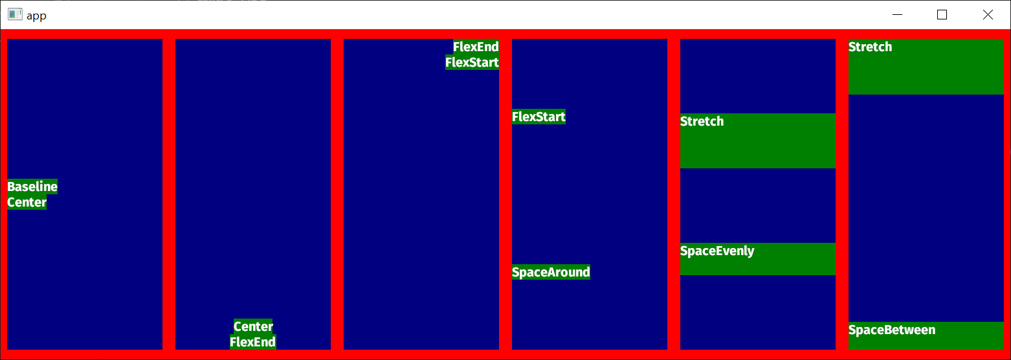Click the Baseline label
[32, 186]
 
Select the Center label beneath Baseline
[27, 202]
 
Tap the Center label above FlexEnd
[253, 326]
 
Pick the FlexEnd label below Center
[253, 342]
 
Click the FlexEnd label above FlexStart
[476, 47]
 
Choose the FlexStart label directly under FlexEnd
[472, 62]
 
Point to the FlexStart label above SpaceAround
[539, 117]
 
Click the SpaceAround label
[551, 272]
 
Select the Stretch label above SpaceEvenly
[702, 122]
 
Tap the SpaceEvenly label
[717, 251]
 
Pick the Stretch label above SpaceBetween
[870, 47]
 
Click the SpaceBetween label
[891, 330]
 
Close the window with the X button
[988, 15]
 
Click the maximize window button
[942, 15]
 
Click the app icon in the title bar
[15, 15]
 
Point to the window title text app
[36, 16]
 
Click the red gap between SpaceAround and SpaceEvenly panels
[674, 194]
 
